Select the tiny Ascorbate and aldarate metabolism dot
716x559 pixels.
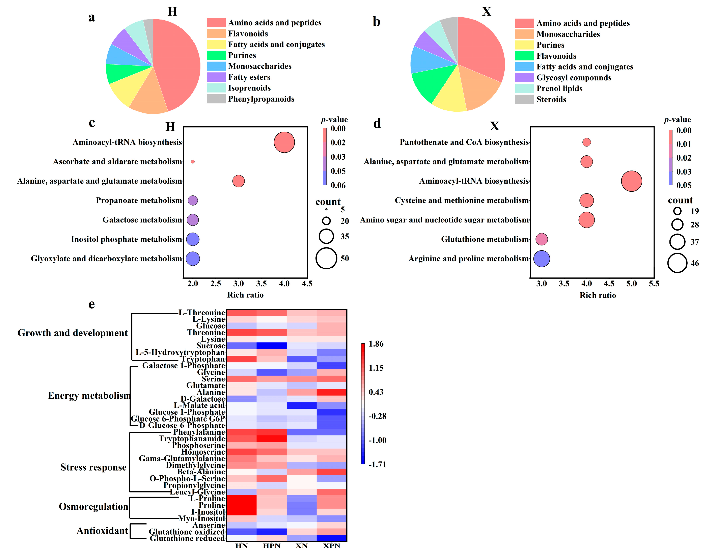point(193,162)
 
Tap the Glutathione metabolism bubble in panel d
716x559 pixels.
point(541,239)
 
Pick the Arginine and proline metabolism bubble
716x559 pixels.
point(541,259)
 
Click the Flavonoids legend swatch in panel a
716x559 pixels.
point(216,33)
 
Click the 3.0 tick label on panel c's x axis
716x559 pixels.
point(238,284)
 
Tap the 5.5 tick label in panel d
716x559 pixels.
point(654,284)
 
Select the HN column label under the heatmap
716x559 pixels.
point(241,546)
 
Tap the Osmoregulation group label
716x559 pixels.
point(93,507)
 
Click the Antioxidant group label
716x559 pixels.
point(102,531)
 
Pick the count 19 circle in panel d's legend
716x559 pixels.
point(677,211)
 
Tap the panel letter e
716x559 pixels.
point(91,304)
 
